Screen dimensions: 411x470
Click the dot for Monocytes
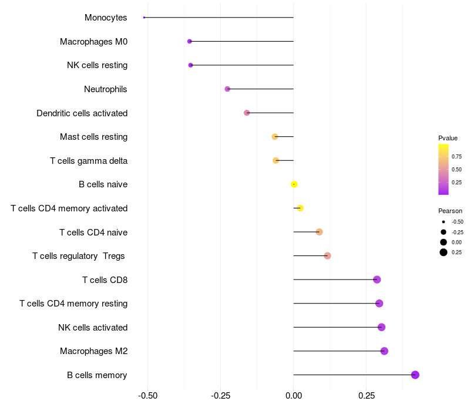144,18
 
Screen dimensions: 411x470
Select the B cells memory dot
415,375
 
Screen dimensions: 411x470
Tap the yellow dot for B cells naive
294,184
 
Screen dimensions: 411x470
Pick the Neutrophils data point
227,89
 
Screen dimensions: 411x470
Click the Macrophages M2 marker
384,351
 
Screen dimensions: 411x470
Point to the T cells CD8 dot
377,279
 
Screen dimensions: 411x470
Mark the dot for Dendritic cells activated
247,113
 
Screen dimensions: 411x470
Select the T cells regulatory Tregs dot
327,256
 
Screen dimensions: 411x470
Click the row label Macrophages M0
93,42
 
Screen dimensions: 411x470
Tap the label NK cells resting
97,65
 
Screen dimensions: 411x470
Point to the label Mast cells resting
93,137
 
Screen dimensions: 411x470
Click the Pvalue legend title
448,138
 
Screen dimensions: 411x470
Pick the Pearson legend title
450,211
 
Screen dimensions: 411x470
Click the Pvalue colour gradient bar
444,169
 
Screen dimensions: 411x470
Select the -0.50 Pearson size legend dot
444,222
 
